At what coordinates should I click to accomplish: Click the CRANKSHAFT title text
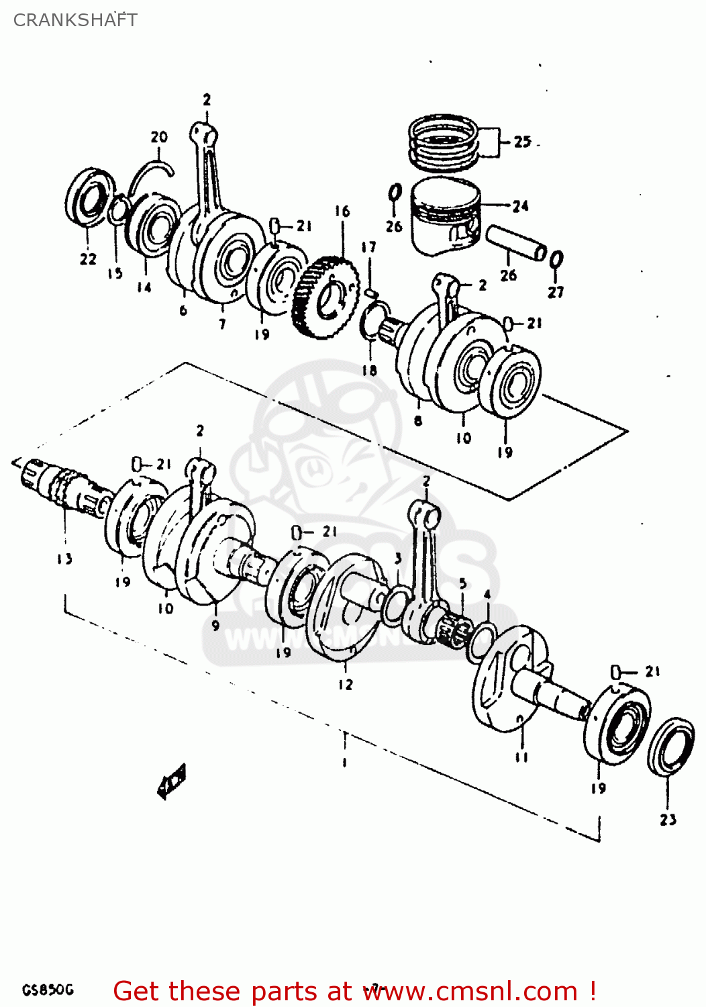point(75,20)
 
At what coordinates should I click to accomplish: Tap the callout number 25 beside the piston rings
point(522,142)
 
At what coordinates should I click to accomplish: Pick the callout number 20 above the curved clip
point(159,137)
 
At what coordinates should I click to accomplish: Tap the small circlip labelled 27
point(556,259)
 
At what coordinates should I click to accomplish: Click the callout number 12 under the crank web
point(345,685)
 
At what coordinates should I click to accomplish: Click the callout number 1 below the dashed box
point(344,762)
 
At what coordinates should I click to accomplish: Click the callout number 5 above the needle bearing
point(462,583)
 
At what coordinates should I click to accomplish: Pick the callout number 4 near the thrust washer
point(487,595)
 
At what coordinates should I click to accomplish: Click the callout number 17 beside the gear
point(368,247)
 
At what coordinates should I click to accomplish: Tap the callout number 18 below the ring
point(369,371)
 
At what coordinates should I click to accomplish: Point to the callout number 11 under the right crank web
point(521,757)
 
